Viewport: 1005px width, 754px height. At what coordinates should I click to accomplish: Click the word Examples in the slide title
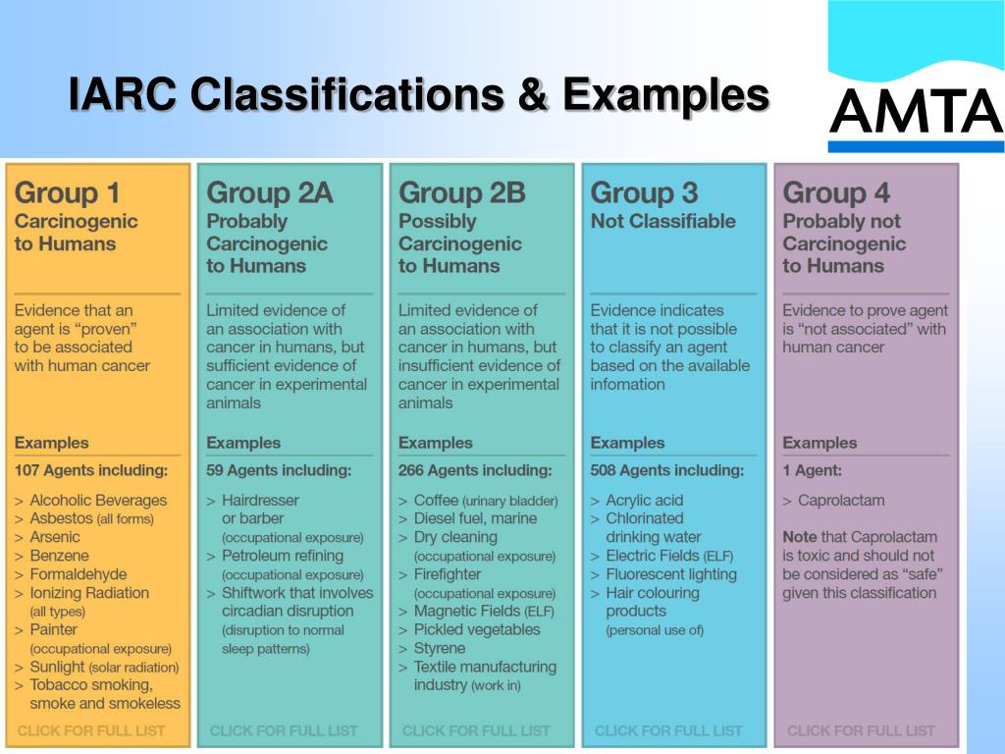665,95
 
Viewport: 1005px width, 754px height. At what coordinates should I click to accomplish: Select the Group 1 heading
67,193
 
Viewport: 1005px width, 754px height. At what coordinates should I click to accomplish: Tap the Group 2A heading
270,193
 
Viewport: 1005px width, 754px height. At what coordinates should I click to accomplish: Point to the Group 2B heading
462,193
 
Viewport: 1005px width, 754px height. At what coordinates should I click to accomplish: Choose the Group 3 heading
643,193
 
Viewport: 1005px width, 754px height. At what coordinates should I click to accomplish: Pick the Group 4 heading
835,193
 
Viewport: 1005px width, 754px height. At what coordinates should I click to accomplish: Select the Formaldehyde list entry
79,574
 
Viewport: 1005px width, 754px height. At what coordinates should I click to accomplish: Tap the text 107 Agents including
90,470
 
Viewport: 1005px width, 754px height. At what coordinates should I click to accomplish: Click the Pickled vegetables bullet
477,629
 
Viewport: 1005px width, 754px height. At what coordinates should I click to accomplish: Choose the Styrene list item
440,648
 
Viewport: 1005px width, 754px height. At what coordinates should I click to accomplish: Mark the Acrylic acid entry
644,500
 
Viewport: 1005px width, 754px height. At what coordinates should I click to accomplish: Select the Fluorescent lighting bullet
670,574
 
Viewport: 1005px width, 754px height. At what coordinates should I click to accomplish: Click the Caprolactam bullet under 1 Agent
841,500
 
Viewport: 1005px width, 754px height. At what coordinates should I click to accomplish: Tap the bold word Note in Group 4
800,537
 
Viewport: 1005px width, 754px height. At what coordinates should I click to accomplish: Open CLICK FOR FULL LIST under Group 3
668,730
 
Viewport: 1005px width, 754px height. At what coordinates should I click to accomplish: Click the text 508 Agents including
666,470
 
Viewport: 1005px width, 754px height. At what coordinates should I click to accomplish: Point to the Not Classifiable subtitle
662,222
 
